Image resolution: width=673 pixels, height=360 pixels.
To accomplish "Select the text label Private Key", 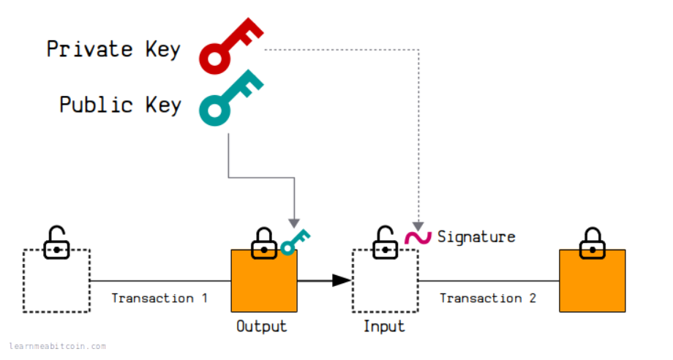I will [x=113, y=49].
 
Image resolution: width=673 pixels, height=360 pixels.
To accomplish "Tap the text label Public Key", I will [x=120, y=105].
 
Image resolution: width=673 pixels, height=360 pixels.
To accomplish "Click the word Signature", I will [x=476, y=237].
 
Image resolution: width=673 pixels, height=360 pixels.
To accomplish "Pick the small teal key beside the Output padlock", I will [x=295, y=241].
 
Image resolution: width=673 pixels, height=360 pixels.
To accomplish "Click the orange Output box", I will [x=264, y=281].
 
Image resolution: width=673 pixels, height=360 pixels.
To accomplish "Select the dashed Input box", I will [x=385, y=281].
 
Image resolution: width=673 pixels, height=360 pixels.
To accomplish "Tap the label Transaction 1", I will [x=159, y=299].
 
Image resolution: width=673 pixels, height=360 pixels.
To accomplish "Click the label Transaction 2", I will [x=487, y=299].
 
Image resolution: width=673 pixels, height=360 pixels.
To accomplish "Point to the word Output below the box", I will [x=261, y=326].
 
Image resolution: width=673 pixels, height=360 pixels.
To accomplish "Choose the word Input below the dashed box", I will [x=384, y=326].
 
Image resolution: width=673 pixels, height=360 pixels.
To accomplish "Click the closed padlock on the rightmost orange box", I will [x=591, y=242].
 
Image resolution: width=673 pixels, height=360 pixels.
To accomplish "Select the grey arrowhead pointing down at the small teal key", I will [x=293, y=222].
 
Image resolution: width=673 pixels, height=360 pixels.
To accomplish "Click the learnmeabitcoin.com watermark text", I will [x=58, y=347].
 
